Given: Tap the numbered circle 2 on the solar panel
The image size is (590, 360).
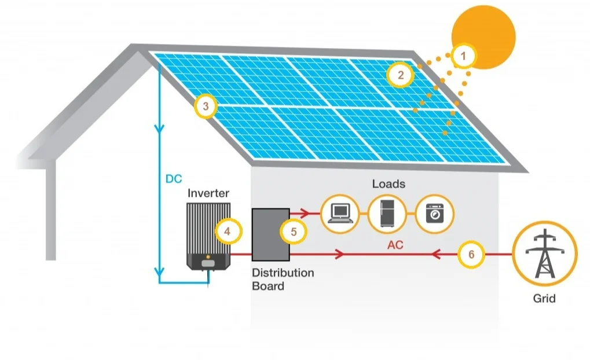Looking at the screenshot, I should [400, 74].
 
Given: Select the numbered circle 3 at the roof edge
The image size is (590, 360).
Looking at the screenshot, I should [206, 106].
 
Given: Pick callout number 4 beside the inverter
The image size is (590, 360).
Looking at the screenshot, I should [227, 232].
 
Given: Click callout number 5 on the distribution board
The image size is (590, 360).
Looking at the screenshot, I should [294, 232].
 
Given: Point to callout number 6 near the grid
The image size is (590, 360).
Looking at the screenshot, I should [471, 255].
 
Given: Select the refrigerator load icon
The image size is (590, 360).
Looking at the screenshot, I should [386, 213].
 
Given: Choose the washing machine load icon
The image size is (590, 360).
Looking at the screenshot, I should [433, 213].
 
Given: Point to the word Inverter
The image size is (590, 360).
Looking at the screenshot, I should [208, 193].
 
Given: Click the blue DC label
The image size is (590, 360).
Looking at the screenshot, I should [174, 179].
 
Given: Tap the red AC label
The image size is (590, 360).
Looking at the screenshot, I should [395, 245].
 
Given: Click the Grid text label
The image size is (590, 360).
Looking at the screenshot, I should [544, 299].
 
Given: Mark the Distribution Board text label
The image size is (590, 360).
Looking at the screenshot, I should [283, 279].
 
